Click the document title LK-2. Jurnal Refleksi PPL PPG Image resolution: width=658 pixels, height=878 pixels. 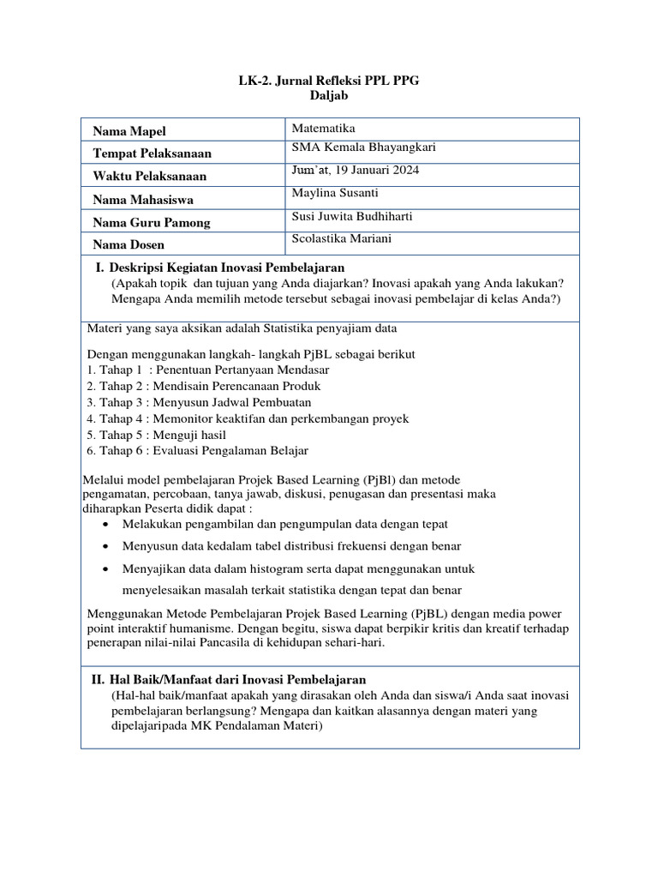330,81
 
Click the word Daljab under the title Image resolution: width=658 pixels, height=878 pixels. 330,98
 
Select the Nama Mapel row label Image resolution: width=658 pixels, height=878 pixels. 129,131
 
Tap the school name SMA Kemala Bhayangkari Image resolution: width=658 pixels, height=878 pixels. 364,148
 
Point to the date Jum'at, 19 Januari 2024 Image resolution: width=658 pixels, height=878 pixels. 356,171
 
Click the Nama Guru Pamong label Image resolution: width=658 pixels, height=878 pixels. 152,223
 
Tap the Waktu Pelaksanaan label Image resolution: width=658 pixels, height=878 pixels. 150,177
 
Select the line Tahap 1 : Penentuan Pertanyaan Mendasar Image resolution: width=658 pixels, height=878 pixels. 208,370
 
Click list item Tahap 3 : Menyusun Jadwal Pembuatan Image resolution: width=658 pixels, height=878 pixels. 199,402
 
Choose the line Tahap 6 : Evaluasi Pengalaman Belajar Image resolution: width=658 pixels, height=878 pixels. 197,451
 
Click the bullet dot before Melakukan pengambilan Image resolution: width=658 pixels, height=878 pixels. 105,524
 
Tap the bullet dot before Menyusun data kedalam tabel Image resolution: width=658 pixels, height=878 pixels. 105,546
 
